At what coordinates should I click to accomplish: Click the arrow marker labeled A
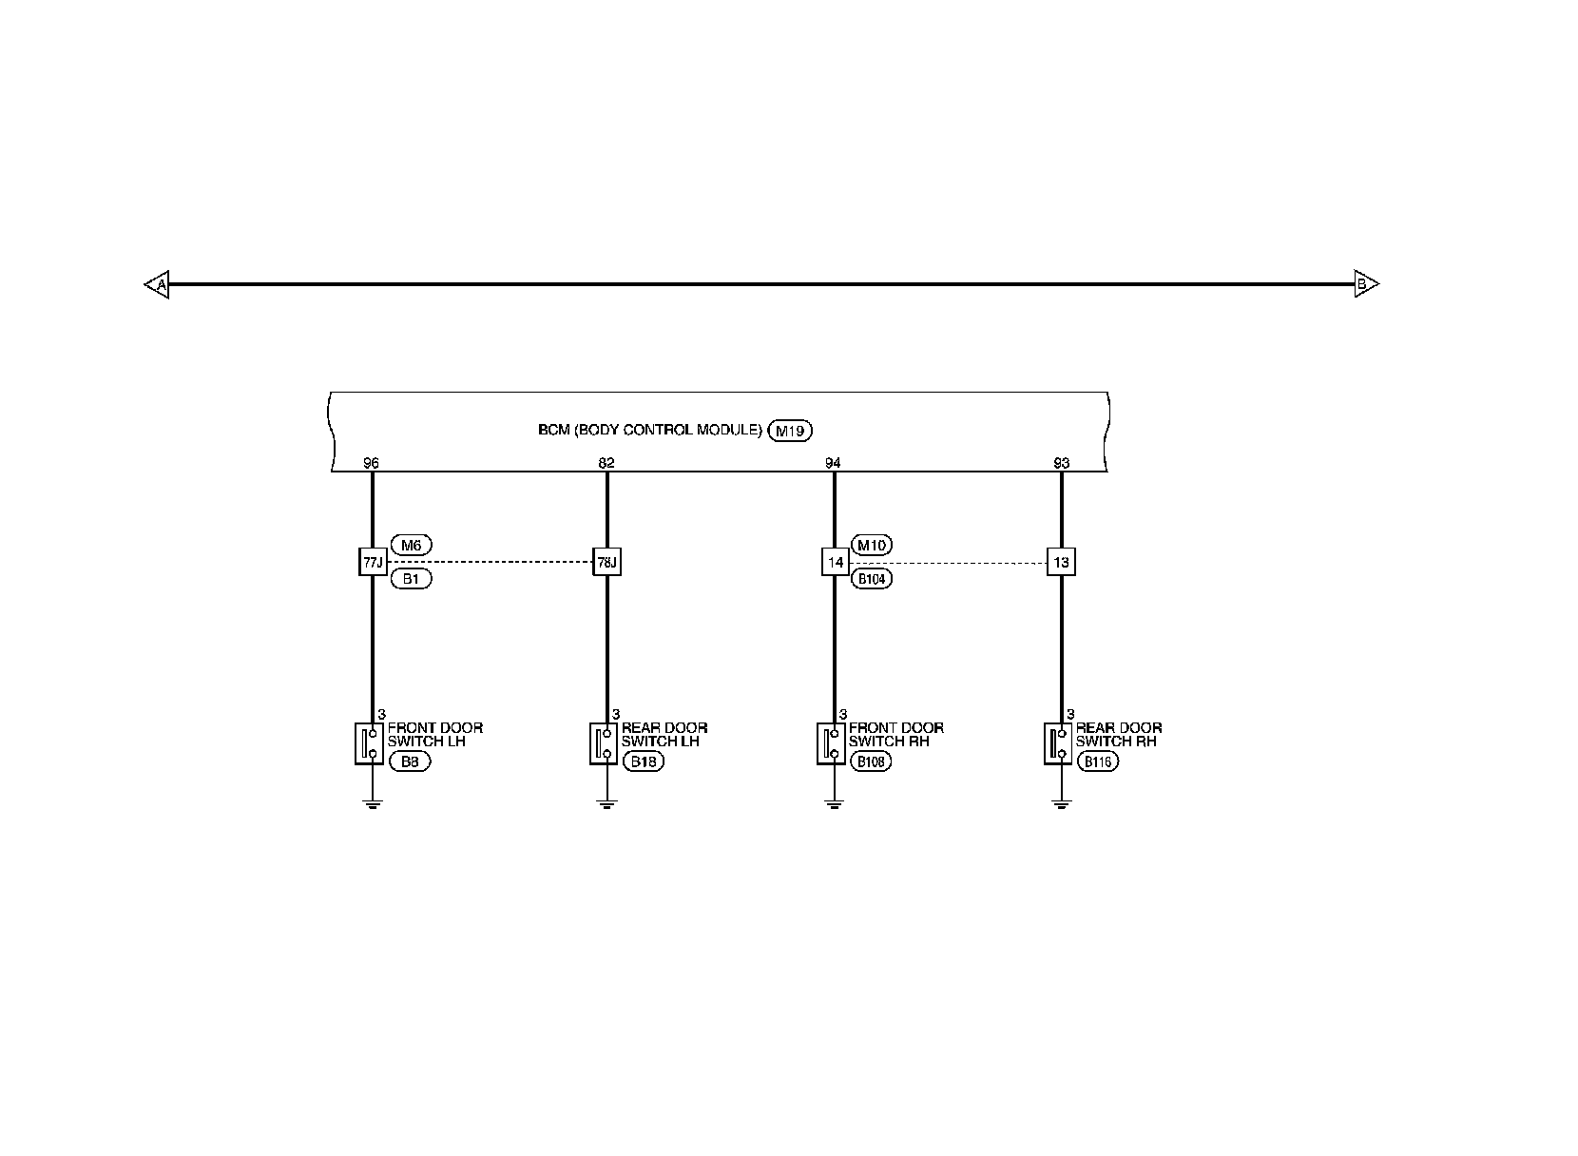[x=158, y=284]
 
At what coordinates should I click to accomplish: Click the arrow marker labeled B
[x=1365, y=283]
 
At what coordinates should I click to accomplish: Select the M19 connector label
[x=789, y=431]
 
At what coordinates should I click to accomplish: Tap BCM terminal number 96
[x=372, y=463]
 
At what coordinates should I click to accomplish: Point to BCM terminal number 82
[x=607, y=463]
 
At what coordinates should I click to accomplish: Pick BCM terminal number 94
[x=834, y=463]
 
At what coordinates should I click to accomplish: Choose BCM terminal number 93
[x=1062, y=463]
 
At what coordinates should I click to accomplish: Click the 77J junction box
[x=372, y=562]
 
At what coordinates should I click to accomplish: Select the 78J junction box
[x=607, y=562]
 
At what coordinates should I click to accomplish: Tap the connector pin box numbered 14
[x=835, y=562]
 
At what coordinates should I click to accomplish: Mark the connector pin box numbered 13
[x=1062, y=562]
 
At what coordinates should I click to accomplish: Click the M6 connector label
[x=411, y=545]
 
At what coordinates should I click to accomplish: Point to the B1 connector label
[x=411, y=578]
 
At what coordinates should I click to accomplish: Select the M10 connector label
[x=871, y=545]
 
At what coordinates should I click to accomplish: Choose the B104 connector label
[x=871, y=578]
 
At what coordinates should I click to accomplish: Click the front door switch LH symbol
[x=370, y=742]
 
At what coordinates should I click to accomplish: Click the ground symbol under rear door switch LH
[x=607, y=804]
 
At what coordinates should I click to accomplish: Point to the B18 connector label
[x=644, y=761]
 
